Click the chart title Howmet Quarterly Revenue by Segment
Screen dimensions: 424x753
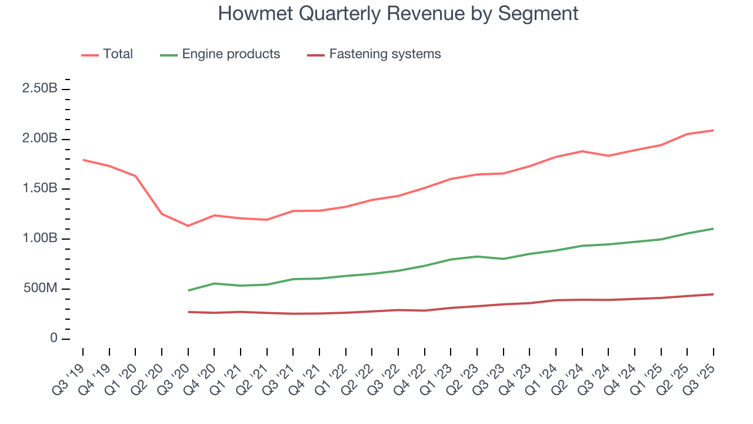coord(398,14)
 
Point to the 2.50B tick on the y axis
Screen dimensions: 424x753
coord(39,89)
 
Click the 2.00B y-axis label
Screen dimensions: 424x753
coord(39,139)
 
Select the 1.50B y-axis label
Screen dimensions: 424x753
coord(39,188)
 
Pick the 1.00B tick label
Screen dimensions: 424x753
coord(39,238)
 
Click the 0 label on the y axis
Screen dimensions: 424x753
coord(54,339)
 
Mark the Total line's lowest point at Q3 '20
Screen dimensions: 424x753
coord(188,226)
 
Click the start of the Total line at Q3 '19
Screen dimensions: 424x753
coord(83,160)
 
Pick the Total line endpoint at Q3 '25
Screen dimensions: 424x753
coord(713,130)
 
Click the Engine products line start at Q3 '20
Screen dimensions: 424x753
coord(188,290)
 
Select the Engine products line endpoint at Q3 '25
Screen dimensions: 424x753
coord(713,228)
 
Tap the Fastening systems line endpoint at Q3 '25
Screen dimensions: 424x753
coord(713,294)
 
